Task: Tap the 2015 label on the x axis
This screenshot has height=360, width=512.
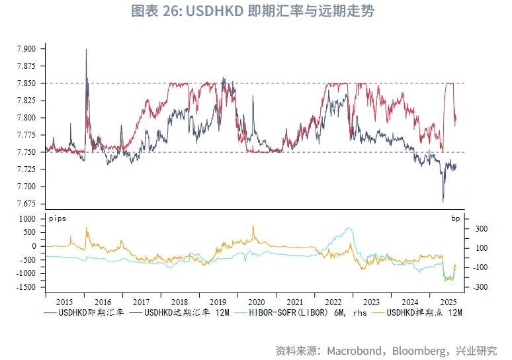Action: [65, 299]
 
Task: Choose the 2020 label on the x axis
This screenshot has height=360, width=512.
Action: [257, 299]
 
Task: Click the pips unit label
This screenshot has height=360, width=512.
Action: [58, 218]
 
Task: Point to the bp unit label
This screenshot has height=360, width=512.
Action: [456, 218]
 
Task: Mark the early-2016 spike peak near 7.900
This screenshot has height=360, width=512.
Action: [87, 50]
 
